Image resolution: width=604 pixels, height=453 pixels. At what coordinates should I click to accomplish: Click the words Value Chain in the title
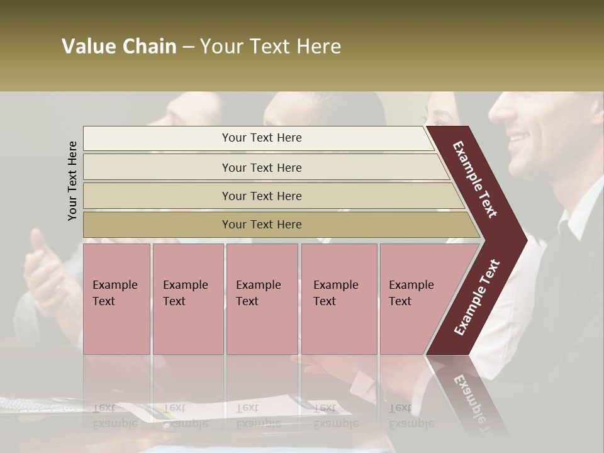119,47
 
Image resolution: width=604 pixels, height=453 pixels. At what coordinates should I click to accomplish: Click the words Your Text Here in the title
271,47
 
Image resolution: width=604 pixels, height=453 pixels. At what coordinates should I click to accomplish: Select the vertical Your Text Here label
72,181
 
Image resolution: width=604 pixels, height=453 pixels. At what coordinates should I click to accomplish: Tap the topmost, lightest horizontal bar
261,138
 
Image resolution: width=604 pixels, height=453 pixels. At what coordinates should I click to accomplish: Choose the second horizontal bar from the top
261,167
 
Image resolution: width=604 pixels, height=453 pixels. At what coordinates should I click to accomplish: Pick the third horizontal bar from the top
261,196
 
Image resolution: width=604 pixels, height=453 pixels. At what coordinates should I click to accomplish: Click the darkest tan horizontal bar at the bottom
261,225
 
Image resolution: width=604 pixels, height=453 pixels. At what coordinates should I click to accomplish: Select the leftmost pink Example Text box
116,299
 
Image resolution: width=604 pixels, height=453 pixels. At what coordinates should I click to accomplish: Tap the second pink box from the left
187,299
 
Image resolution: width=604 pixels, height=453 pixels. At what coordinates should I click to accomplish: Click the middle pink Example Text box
262,299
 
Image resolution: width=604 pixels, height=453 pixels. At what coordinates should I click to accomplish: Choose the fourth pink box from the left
338,299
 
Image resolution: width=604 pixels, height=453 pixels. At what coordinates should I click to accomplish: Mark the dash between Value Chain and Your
188,47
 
